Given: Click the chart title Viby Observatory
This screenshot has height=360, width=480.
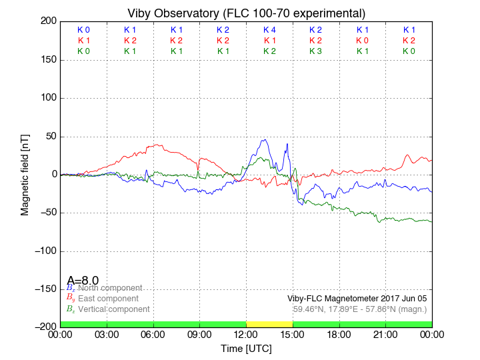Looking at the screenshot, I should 246,13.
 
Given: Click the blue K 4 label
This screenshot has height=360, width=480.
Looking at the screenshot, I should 269,30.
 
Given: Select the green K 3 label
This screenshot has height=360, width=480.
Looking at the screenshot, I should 315,51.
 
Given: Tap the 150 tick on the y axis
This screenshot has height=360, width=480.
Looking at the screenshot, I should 47,60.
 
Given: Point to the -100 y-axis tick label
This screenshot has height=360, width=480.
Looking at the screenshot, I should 45,251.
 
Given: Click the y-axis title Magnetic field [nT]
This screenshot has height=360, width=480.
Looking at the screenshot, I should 25,173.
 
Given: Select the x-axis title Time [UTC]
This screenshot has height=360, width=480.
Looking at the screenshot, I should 246,348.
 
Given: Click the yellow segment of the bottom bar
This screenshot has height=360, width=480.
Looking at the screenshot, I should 269,324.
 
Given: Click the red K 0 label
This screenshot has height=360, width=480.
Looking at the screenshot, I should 362,41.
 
